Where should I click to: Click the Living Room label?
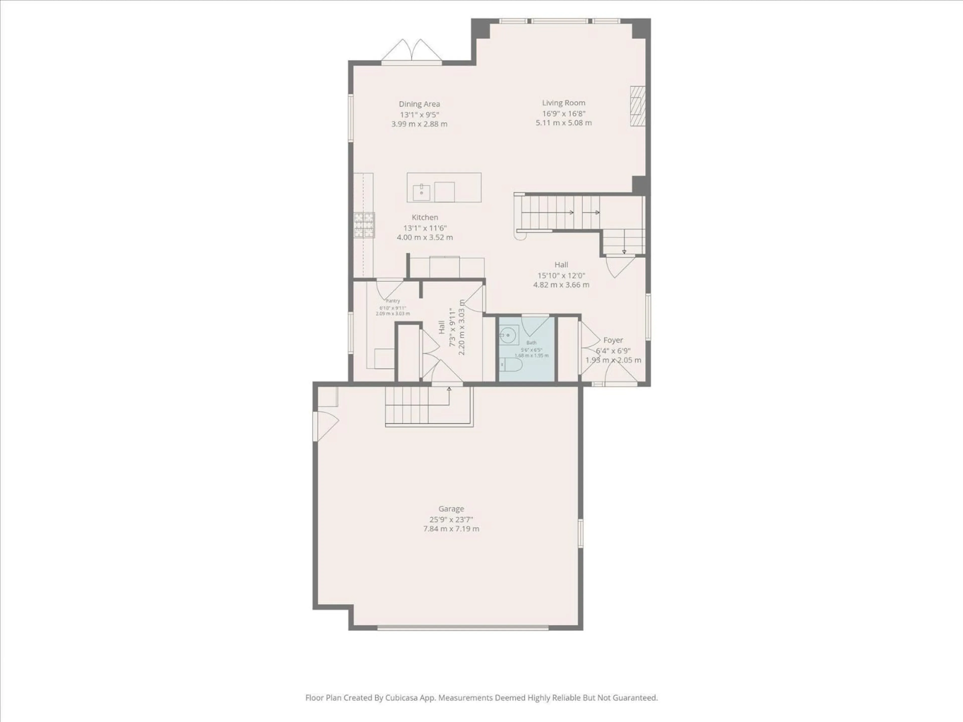tap(563, 103)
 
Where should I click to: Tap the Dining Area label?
tap(419, 104)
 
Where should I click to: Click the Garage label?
tap(451, 509)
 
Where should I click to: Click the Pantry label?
tap(393, 301)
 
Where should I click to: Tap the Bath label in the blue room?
tap(531, 342)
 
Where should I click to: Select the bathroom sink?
tap(507, 335)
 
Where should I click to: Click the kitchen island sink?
tap(421, 192)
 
